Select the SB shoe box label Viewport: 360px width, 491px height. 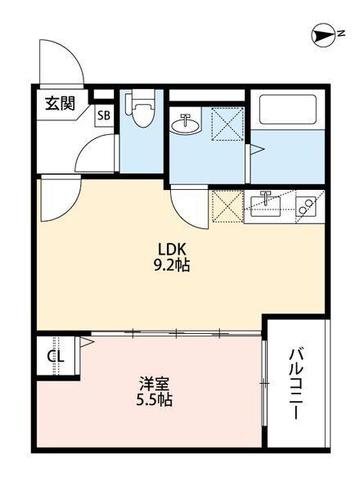point(104,115)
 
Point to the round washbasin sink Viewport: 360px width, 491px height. point(186,124)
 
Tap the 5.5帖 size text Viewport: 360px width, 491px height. point(154,400)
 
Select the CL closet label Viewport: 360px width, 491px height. point(55,358)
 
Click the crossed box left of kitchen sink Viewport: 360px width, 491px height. point(227,205)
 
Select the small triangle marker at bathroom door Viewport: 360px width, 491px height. point(253,150)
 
